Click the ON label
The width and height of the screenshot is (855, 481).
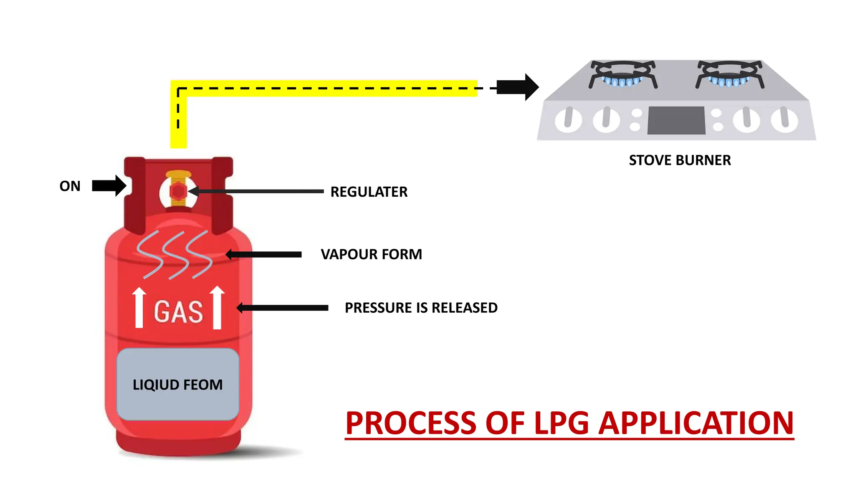(70, 186)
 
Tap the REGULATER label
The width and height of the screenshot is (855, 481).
(369, 192)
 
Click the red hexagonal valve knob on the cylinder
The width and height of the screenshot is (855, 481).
(178, 192)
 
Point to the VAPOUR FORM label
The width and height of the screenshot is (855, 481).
(371, 254)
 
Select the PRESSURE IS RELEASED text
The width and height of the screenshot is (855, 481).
(421, 308)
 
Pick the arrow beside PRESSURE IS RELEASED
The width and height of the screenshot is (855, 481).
(283, 308)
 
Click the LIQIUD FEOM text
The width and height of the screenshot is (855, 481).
(177, 385)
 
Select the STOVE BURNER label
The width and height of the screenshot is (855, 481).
(680, 160)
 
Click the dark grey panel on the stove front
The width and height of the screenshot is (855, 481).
(676, 120)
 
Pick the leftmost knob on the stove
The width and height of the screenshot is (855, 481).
(568, 119)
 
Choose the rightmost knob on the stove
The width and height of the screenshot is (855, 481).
(784, 119)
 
